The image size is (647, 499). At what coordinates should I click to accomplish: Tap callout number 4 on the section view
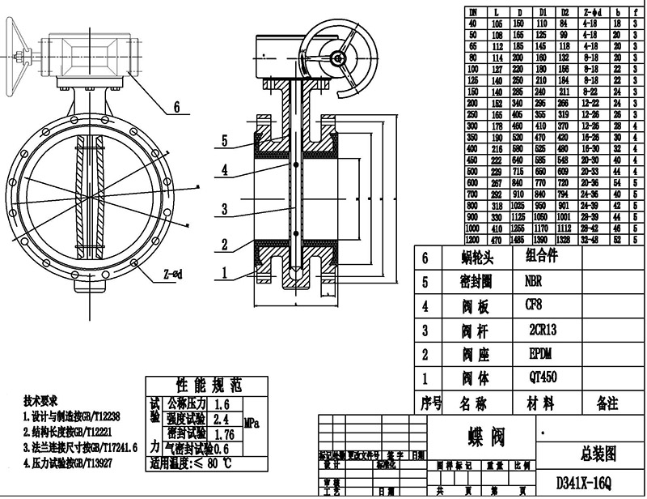tap(226, 171)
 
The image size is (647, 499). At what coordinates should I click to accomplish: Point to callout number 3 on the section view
tap(226, 209)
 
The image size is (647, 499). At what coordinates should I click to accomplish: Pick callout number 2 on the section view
tap(226, 244)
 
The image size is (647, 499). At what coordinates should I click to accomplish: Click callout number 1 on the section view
tap(226, 274)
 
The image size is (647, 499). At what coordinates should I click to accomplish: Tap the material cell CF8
tap(534, 306)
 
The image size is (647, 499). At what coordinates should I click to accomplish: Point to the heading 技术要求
tap(40, 401)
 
